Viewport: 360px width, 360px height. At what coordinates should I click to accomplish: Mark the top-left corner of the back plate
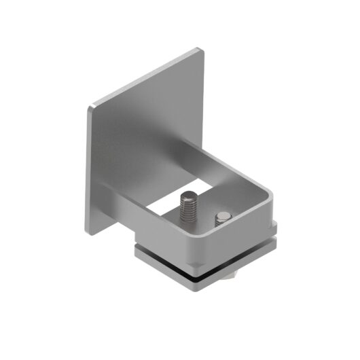pyautogui.click(x=90, y=107)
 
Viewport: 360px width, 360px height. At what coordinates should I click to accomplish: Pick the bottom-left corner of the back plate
pyautogui.click(x=88, y=232)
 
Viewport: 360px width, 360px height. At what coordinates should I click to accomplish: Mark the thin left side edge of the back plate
pyautogui.click(x=88, y=170)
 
